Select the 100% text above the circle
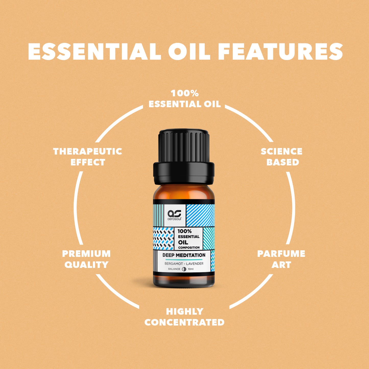click(x=185, y=93)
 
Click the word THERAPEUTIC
click(x=88, y=151)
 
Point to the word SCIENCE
click(x=281, y=151)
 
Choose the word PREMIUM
click(x=86, y=254)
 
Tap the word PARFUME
click(x=281, y=254)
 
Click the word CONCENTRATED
click(x=184, y=322)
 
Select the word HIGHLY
click(x=185, y=312)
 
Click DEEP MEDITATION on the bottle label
click(x=184, y=255)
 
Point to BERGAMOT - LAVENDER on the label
click(x=184, y=264)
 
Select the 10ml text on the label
click(x=191, y=269)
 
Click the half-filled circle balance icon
click(x=184, y=269)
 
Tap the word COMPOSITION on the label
click(x=189, y=248)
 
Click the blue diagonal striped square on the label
click(x=200, y=215)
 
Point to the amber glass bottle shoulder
click(x=184, y=192)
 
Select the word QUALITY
click(x=86, y=265)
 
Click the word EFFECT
click(x=88, y=162)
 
